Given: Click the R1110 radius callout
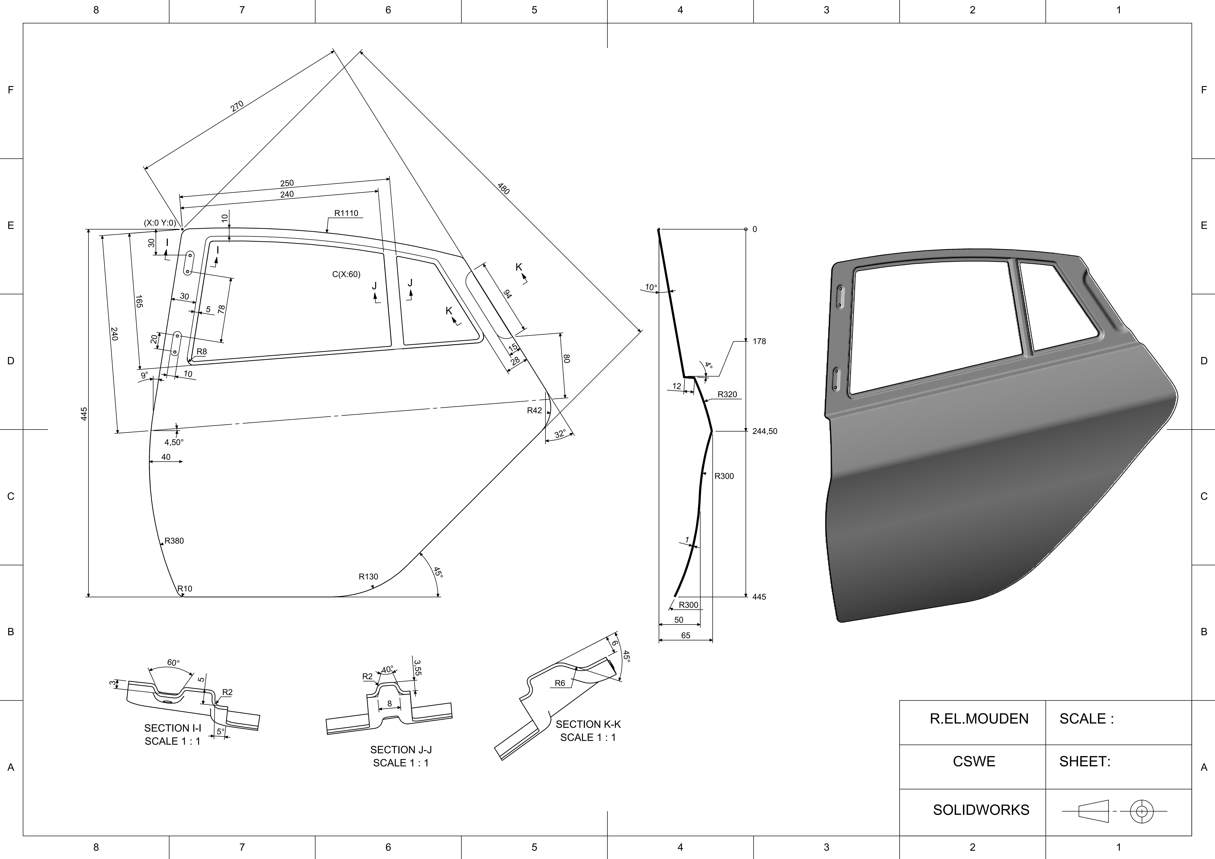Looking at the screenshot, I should pos(346,213).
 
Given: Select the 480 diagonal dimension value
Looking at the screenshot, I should pos(503,188).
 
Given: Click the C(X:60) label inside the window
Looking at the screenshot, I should pos(346,274).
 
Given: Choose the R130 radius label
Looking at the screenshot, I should pos(368,576).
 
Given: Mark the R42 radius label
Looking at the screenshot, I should pos(535,410).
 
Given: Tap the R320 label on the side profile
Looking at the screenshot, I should pos(727,394).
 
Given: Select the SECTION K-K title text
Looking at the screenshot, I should pos(588,724).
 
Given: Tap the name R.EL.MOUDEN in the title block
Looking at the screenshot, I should pos(979,719).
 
